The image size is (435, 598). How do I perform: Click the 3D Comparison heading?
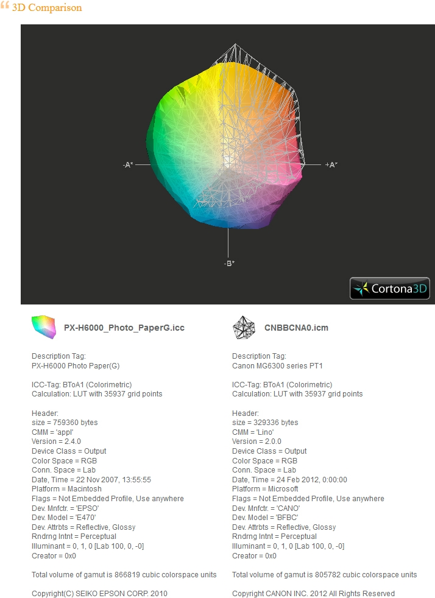(x=47, y=8)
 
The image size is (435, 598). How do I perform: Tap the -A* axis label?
(x=128, y=165)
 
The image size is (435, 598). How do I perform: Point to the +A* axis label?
(x=331, y=165)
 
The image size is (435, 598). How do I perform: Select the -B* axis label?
(x=229, y=263)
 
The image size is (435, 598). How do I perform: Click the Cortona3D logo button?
(x=389, y=288)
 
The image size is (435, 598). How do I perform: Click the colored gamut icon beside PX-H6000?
(x=44, y=327)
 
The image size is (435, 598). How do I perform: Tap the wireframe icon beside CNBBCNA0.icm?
(x=244, y=327)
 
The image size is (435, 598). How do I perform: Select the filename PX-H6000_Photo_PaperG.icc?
(x=124, y=328)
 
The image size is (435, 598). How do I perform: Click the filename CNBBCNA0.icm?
(x=296, y=328)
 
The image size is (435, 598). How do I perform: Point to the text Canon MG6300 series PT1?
(x=277, y=366)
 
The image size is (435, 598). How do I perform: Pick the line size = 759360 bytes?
(x=65, y=423)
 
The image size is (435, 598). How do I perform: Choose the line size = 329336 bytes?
(x=265, y=423)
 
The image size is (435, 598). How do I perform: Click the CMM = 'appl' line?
(x=52, y=432)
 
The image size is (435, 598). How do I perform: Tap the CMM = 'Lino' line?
(x=253, y=432)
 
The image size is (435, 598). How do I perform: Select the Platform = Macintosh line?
(x=67, y=489)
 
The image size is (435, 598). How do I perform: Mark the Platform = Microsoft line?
(x=265, y=489)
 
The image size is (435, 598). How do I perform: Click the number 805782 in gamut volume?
(x=327, y=575)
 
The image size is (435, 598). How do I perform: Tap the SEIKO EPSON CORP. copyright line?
(x=99, y=593)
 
